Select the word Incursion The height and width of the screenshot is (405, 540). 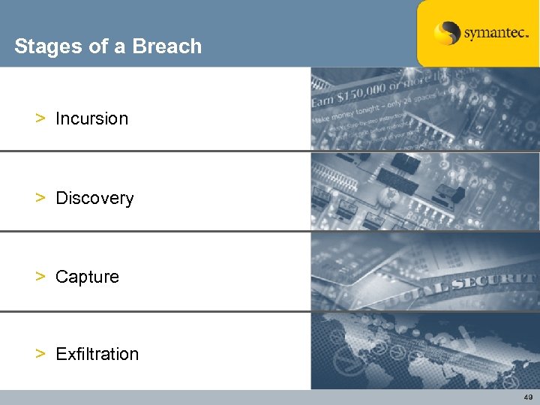coord(91,118)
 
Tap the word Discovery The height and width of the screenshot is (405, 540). coord(94,199)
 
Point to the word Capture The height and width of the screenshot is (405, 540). coord(87,277)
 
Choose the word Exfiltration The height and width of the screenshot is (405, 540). coord(97,354)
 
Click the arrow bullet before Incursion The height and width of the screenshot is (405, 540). coord(40,118)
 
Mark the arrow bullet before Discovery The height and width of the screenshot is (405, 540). coord(40,198)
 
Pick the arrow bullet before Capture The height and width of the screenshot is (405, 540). coord(40,277)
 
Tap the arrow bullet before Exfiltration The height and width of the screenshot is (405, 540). coord(40,354)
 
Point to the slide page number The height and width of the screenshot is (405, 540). coord(528,397)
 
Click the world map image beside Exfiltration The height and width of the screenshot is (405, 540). coord(424,351)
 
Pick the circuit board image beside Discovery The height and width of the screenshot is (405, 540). coord(424,191)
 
